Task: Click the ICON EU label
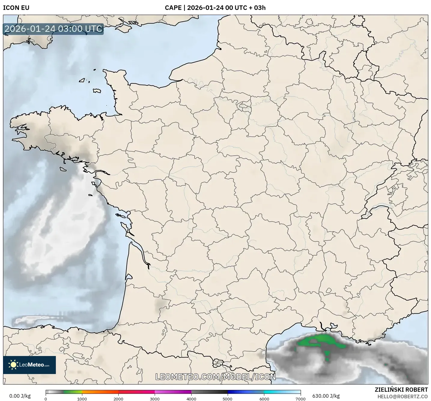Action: (x=16, y=8)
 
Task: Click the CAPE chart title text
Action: (x=215, y=8)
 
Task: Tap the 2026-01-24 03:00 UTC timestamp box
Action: (x=53, y=29)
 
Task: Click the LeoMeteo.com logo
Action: (x=29, y=365)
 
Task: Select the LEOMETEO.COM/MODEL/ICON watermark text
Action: (x=215, y=377)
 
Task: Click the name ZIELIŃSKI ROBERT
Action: (x=401, y=390)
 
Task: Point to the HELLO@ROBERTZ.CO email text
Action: (x=402, y=397)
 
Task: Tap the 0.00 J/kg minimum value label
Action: (x=20, y=396)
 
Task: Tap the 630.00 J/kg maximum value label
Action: (x=326, y=396)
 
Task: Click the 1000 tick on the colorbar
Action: (x=82, y=399)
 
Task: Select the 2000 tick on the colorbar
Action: (x=118, y=399)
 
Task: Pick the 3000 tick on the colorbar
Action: (x=155, y=399)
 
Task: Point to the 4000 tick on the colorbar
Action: (x=191, y=399)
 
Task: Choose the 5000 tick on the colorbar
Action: (x=228, y=399)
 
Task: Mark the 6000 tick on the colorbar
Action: (x=264, y=399)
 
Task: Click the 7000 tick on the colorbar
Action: (x=300, y=399)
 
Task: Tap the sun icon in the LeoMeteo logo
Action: (x=13, y=365)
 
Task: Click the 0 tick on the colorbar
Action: (x=46, y=399)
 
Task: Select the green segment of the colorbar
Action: (x=72, y=392)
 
